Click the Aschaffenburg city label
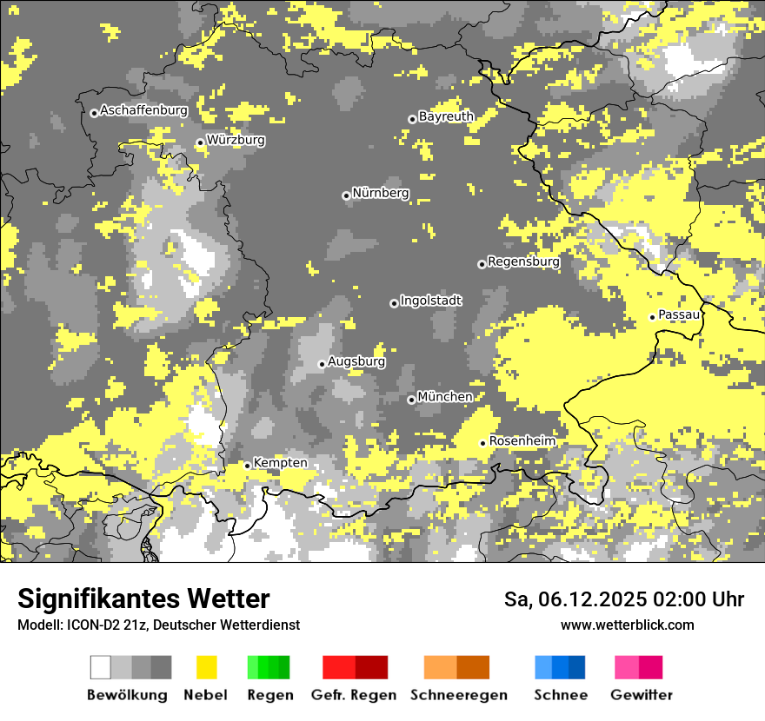coord(143,110)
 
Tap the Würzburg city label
coord(236,140)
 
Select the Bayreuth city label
coord(446,116)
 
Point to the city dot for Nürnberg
coord(346,195)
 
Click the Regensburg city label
coord(523,261)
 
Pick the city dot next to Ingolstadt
coord(394,303)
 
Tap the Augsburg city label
coord(356,361)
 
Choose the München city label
coord(445,397)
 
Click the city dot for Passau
coord(652,317)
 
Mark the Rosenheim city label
coord(522,441)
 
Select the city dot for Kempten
coord(247,466)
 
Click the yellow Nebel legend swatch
coord(206,667)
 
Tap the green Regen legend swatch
coord(269,667)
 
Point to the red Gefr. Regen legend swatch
coord(355,667)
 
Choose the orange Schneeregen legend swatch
coord(457,667)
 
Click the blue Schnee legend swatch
coord(560,667)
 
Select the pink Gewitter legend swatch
coord(638,667)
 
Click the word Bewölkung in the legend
coord(127,695)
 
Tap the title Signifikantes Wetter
coord(143,599)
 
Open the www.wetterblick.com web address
coord(628,625)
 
